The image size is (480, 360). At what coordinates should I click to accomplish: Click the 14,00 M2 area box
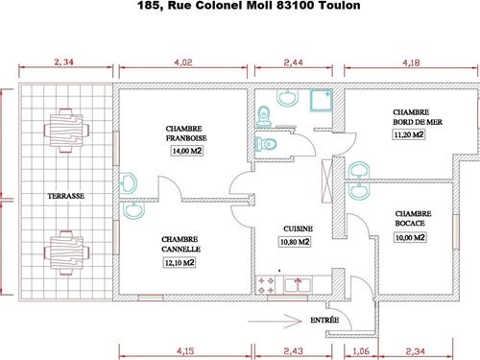pyautogui.click(x=187, y=151)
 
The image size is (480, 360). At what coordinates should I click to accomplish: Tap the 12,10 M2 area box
pyautogui.click(x=180, y=263)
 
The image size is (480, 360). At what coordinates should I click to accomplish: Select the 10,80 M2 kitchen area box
pyautogui.click(x=295, y=242)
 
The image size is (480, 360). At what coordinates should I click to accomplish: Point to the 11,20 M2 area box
pyautogui.click(x=409, y=134)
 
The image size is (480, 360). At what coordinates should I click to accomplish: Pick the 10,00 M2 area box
pyautogui.click(x=410, y=237)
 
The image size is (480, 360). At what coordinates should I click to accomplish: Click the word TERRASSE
pyautogui.click(x=66, y=196)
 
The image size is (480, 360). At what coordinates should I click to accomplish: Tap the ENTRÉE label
pyautogui.click(x=324, y=320)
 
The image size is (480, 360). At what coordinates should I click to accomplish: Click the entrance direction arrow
pyautogui.click(x=276, y=321)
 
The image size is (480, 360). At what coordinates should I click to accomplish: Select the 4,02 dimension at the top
pyautogui.click(x=183, y=62)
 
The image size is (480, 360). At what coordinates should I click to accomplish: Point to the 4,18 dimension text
pyautogui.click(x=411, y=62)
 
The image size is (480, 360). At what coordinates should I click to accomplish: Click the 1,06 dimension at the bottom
pyautogui.click(x=361, y=351)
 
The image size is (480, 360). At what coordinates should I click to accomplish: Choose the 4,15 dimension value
pyautogui.click(x=185, y=351)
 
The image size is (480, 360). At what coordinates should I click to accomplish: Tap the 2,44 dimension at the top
pyautogui.click(x=293, y=62)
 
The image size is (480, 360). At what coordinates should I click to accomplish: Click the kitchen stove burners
pyautogui.click(x=266, y=285)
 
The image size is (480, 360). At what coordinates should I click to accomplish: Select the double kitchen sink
pyautogui.click(x=298, y=285)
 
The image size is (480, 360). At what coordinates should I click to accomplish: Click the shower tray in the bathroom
pyautogui.click(x=321, y=100)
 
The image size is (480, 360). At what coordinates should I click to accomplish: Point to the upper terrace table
pyautogui.click(x=66, y=131)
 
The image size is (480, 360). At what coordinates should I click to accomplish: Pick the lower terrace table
pyautogui.click(x=66, y=252)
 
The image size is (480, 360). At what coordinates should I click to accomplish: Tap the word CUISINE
pyautogui.click(x=298, y=228)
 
